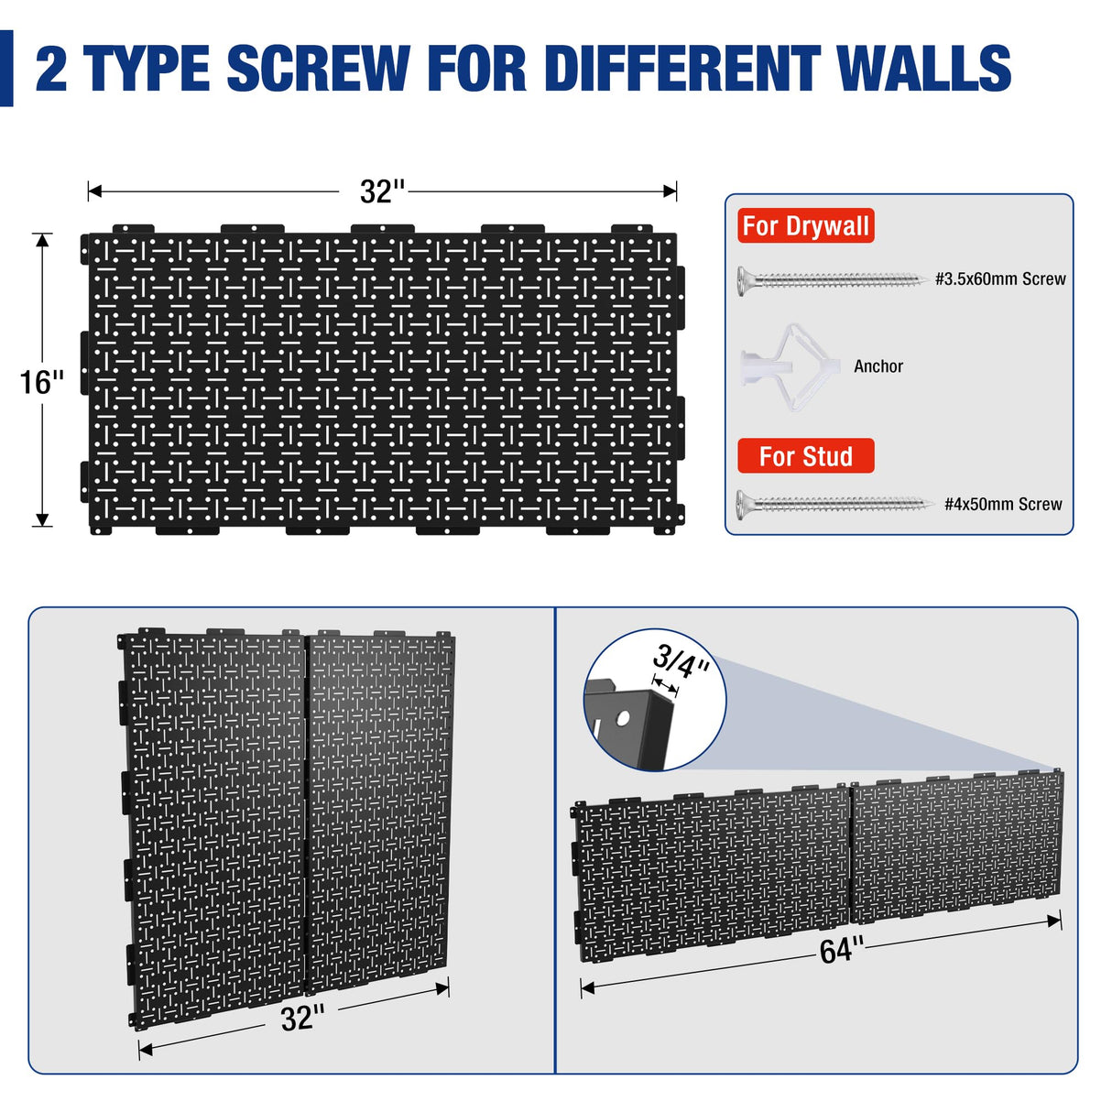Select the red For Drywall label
(x=805, y=225)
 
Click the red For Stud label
(x=805, y=456)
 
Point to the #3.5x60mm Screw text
(x=1000, y=279)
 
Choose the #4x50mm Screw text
(x=1003, y=505)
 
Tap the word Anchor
(x=878, y=366)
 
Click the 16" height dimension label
(x=42, y=382)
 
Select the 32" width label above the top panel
(x=382, y=191)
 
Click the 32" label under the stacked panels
(x=302, y=1018)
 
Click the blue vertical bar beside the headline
(x=6, y=69)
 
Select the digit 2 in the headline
(x=51, y=69)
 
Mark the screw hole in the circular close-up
(x=623, y=717)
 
